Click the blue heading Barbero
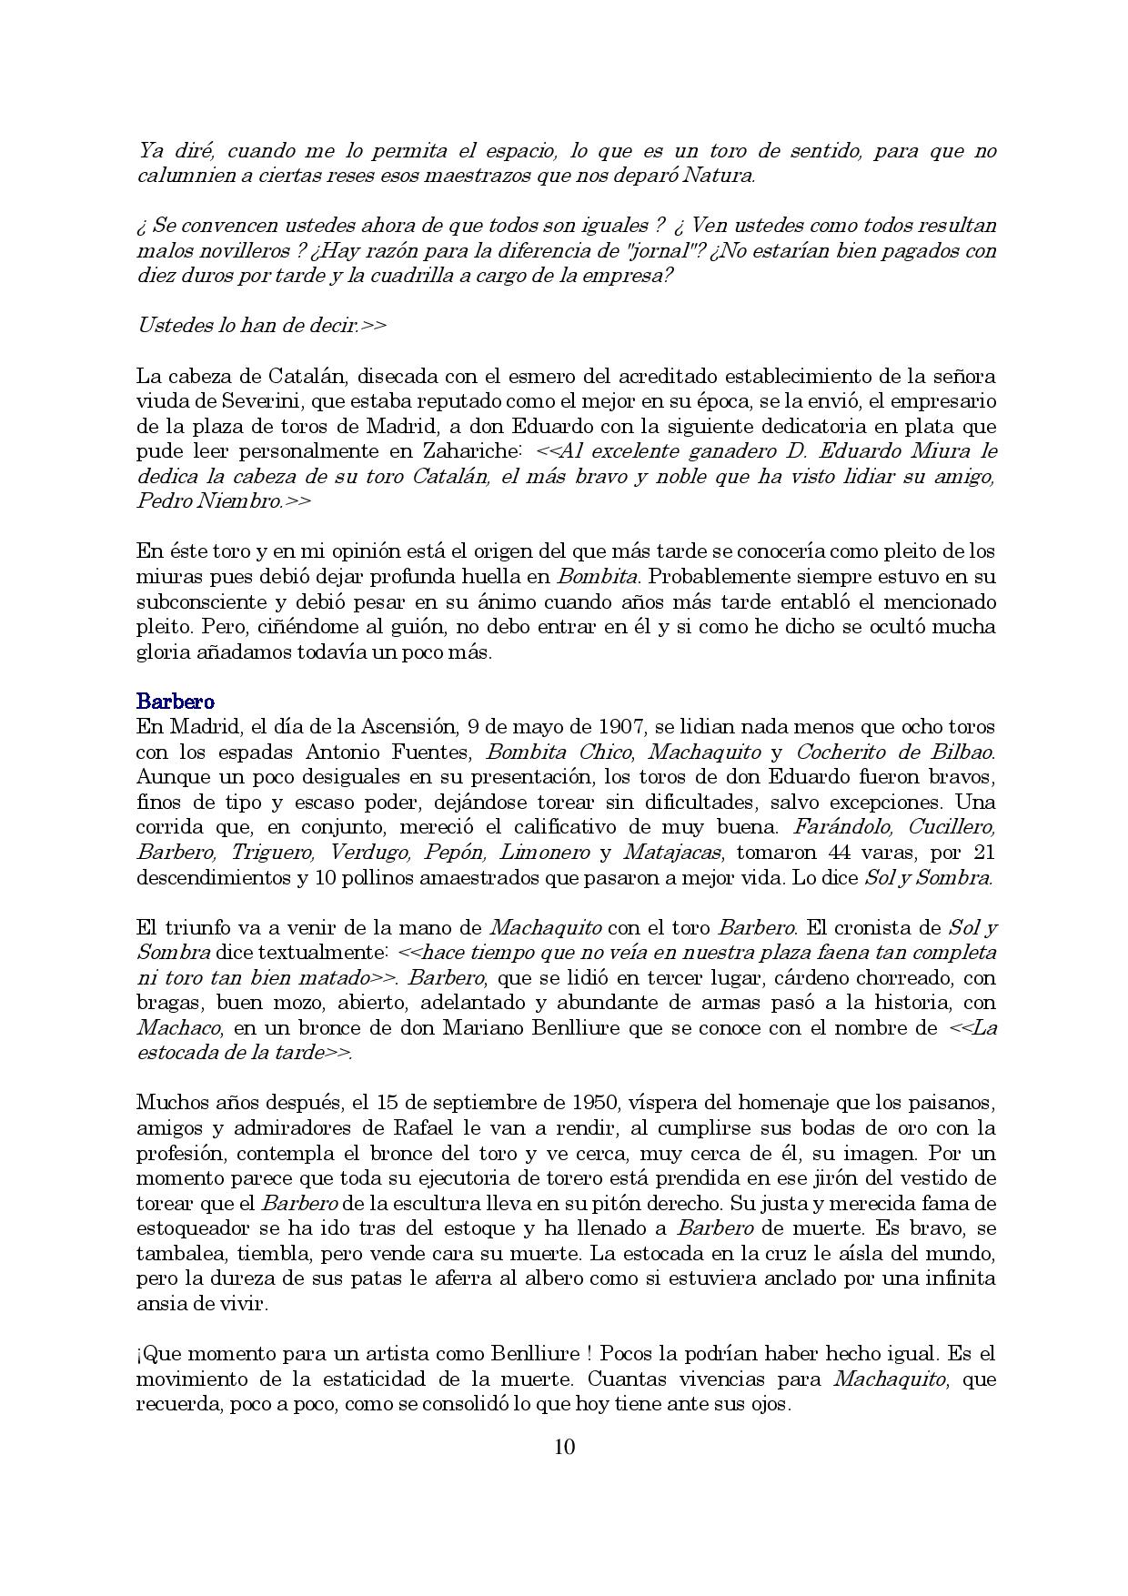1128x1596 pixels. pos(176,702)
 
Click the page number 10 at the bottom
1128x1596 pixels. pos(564,1447)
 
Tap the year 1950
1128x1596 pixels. pos(590,1103)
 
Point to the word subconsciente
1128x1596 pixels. pos(196,601)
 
